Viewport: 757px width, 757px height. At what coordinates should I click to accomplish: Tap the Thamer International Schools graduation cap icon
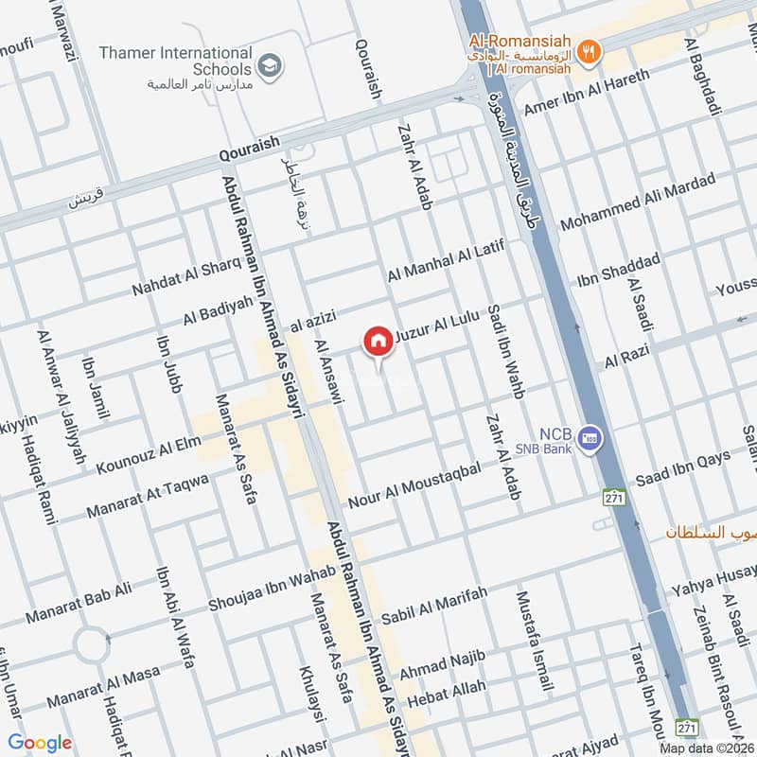click(271, 65)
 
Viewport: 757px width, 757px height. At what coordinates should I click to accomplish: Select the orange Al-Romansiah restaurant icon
click(589, 53)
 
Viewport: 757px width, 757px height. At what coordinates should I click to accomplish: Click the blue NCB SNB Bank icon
click(592, 437)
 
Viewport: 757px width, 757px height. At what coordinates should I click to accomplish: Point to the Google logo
click(40, 743)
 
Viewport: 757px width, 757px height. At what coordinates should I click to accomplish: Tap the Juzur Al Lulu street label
click(443, 325)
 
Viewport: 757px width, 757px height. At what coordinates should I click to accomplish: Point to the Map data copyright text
click(707, 748)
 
